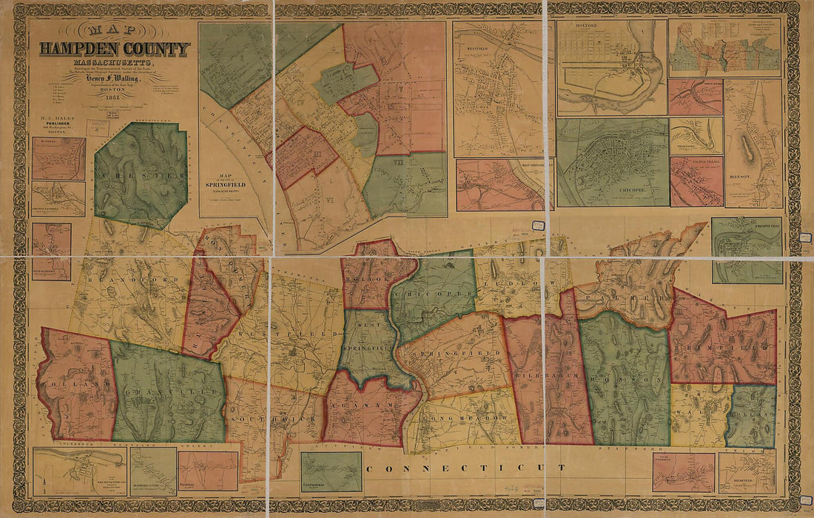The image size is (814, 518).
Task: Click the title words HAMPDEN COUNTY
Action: click(x=114, y=50)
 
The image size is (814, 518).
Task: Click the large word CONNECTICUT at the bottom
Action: click(x=474, y=468)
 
